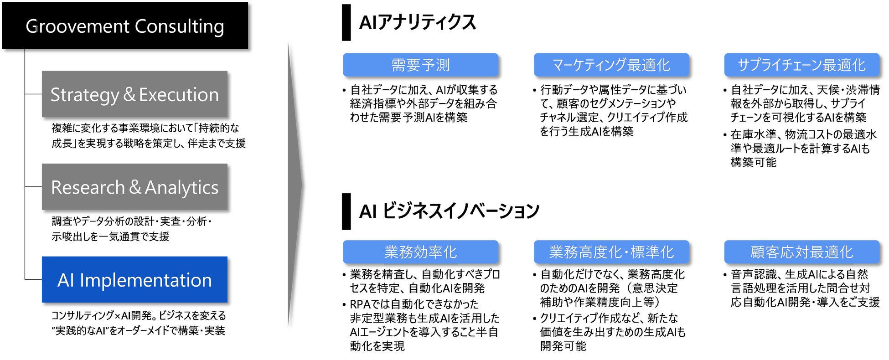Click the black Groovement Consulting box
[x=125, y=26]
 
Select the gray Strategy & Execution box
[x=134, y=94]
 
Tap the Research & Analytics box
[x=134, y=187]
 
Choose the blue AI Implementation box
[x=134, y=279]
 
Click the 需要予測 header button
[x=420, y=65]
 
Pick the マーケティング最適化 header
[x=611, y=65]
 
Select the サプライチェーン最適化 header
[x=801, y=65]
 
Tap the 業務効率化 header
[x=420, y=252]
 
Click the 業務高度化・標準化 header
[x=611, y=252]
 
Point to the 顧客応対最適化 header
[x=801, y=252]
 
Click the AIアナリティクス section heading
[x=417, y=22]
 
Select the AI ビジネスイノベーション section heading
[x=449, y=211]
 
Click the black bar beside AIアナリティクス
[x=346, y=22]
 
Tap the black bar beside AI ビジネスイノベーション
[x=346, y=211]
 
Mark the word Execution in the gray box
[x=179, y=95]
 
